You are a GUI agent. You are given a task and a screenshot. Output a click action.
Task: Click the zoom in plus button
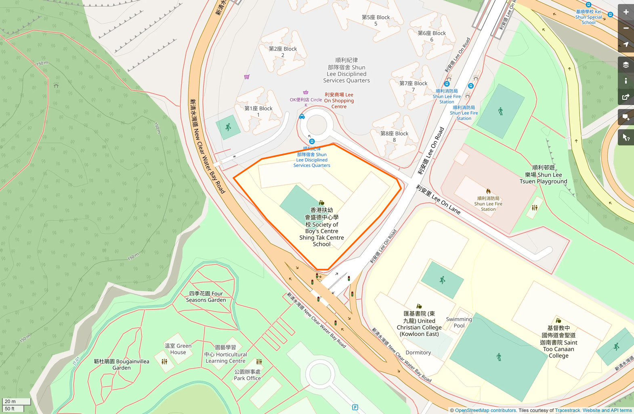[x=626, y=12]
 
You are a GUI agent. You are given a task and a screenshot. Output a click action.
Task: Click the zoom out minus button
[x=626, y=28]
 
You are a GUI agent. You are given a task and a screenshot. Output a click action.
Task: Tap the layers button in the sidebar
[x=626, y=65]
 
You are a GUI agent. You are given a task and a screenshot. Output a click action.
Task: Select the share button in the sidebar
[x=626, y=97]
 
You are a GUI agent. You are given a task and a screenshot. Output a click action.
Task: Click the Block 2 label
[x=283, y=52]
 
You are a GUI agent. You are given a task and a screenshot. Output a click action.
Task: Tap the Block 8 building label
[x=394, y=137]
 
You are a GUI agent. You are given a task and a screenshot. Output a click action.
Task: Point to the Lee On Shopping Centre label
[x=339, y=101]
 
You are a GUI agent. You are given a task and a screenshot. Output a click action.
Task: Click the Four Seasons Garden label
[x=206, y=296]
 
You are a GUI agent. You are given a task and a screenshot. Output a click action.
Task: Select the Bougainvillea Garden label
[x=122, y=364]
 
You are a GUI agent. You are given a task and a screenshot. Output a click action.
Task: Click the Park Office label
[x=247, y=375]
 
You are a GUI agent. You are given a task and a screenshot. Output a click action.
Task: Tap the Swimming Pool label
[x=459, y=322]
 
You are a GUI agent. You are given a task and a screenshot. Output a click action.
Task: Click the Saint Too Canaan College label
[x=558, y=342]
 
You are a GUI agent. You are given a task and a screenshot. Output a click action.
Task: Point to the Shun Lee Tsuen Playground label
[x=543, y=174]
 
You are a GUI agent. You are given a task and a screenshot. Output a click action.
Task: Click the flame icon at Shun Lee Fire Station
[x=488, y=191]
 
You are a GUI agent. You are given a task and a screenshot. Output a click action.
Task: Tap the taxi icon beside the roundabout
[x=302, y=117]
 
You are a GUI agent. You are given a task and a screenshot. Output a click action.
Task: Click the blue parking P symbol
[x=355, y=407]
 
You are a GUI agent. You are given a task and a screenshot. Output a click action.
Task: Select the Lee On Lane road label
[x=438, y=199]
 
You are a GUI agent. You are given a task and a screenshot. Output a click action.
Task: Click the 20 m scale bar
[x=16, y=401]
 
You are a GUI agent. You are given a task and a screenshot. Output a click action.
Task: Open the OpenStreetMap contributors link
[x=485, y=410]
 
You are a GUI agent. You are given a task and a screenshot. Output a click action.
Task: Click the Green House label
[x=178, y=349]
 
